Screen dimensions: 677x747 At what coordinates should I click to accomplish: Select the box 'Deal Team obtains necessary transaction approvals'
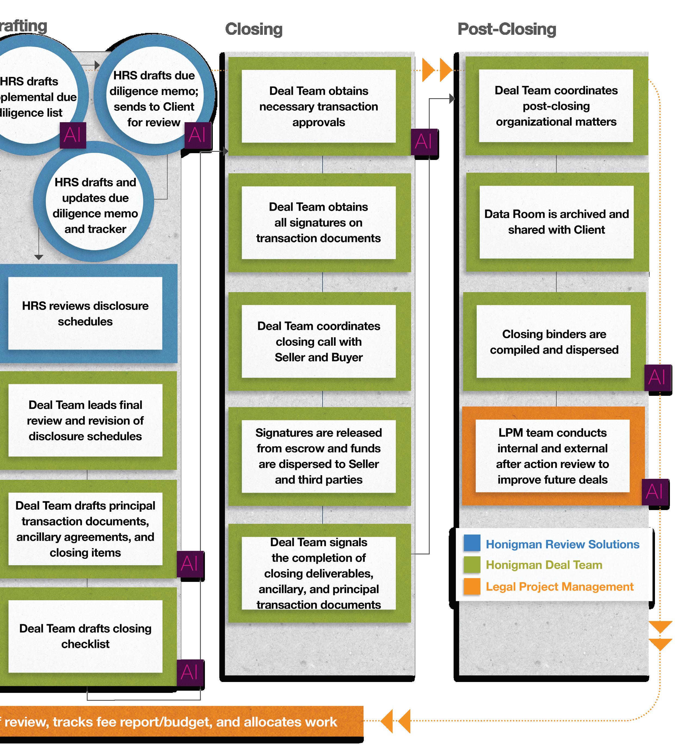point(318,106)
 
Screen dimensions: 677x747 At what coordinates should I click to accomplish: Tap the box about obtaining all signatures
point(318,222)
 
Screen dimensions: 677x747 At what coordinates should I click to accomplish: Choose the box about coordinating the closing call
point(318,341)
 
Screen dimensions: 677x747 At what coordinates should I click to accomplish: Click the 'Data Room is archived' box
point(556,222)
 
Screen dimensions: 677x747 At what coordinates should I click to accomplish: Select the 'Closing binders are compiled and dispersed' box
point(554,342)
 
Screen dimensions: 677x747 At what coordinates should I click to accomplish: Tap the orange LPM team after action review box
point(552,456)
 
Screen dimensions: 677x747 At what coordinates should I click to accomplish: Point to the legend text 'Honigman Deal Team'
point(544,565)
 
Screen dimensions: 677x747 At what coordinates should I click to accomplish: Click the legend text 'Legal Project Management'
point(559,587)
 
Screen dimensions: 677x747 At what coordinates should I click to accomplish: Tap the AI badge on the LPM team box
point(654,492)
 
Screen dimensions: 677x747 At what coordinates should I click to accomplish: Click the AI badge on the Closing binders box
point(657,378)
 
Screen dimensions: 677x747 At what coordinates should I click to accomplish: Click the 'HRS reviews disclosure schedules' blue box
point(85,313)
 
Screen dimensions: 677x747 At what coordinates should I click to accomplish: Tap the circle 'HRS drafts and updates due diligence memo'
point(95,205)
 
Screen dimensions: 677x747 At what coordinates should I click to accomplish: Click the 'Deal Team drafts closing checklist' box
point(85,636)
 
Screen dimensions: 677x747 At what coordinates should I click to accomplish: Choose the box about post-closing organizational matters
point(556,106)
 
